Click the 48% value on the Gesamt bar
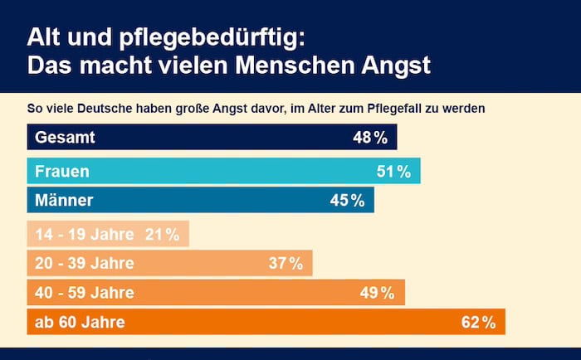[x=369, y=138]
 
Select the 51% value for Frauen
[x=393, y=172]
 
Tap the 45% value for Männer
[x=347, y=200]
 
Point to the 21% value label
[x=162, y=235]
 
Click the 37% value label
[x=286, y=264]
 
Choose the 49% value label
[x=378, y=293]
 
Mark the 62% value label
[x=478, y=322]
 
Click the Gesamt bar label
[x=65, y=138]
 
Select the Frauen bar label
[x=62, y=172]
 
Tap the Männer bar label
[x=65, y=200]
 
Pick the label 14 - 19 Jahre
[x=84, y=235]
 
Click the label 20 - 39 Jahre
[x=84, y=264]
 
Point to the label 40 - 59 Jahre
[x=84, y=293]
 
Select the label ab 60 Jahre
[x=80, y=322]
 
